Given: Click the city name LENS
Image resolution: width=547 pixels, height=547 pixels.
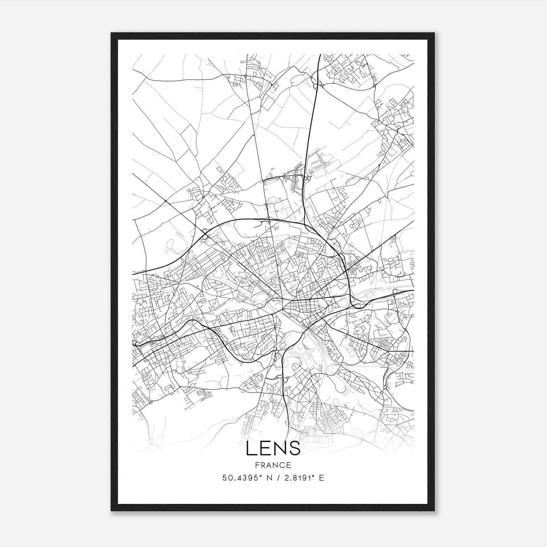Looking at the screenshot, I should [273, 448].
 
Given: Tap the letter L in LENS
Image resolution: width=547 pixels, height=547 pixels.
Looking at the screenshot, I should [251, 448].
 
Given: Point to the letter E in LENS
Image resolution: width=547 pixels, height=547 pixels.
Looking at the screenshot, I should [265, 448].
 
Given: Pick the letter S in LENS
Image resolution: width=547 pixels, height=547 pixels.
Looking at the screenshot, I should [295, 448].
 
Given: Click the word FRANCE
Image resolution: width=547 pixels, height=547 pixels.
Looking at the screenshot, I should [273, 465].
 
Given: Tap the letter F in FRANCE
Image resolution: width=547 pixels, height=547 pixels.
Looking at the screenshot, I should [257, 465].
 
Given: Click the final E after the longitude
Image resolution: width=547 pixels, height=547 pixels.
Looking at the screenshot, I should [321, 478].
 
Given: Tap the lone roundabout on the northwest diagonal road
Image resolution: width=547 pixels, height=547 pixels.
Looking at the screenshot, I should [165, 201].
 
